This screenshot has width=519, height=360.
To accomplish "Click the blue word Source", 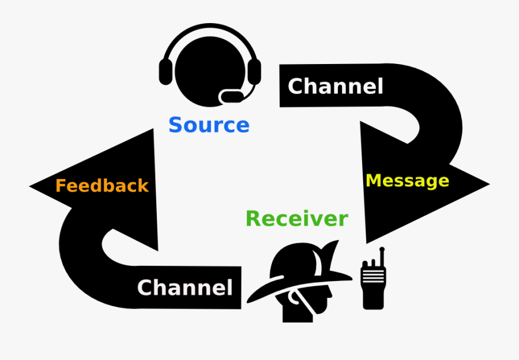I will click(x=209, y=125).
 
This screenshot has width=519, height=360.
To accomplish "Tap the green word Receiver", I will click(x=296, y=219).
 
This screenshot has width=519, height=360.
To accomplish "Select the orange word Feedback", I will click(x=101, y=186).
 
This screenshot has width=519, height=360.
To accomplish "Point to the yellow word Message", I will click(x=407, y=181).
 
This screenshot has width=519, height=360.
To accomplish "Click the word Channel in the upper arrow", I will click(x=335, y=87).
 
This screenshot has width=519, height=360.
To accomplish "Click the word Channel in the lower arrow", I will click(x=185, y=287).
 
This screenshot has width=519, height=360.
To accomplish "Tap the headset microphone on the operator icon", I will click(x=232, y=96).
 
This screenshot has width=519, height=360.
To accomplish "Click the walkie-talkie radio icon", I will click(x=373, y=283).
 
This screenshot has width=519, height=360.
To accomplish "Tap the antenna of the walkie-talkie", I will click(x=381, y=254).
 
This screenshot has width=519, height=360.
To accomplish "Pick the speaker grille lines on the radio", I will click(x=373, y=276).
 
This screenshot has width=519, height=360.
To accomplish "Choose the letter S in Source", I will click(x=176, y=125).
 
